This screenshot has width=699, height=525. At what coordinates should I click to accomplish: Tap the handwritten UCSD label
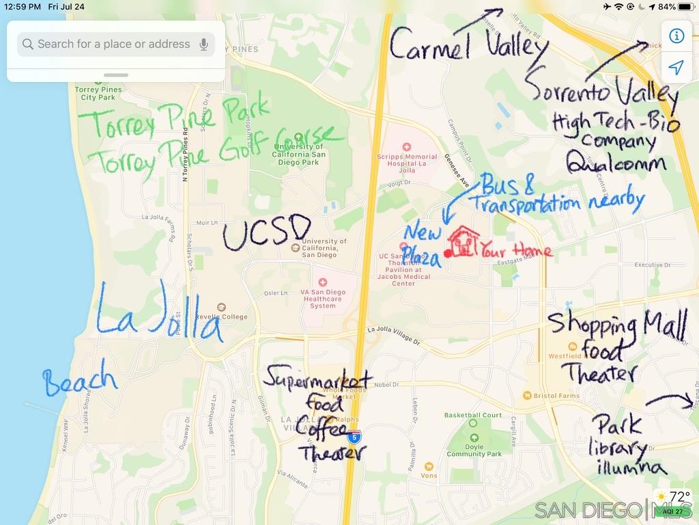pyautogui.click(x=267, y=234)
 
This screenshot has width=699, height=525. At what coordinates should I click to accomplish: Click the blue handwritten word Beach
pyautogui.click(x=79, y=379)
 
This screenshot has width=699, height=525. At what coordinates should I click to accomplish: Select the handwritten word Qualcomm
pyautogui.click(x=615, y=164)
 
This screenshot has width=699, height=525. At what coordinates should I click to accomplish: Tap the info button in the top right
pyautogui.click(x=676, y=36)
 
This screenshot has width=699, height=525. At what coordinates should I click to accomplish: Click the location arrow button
pyautogui.click(x=676, y=68)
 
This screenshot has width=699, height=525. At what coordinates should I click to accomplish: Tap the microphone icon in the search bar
pyautogui.click(x=203, y=44)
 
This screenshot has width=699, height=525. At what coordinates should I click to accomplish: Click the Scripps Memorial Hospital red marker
pyautogui.click(x=407, y=147)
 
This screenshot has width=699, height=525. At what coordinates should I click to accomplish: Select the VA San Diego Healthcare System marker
pyautogui.click(x=323, y=282)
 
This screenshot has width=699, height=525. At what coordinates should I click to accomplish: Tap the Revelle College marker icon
pyautogui.click(x=220, y=308)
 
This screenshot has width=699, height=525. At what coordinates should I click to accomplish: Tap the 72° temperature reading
pyautogui.click(x=679, y=496)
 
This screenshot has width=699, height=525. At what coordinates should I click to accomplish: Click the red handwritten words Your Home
pyautogui.click(x=516, y=251)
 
